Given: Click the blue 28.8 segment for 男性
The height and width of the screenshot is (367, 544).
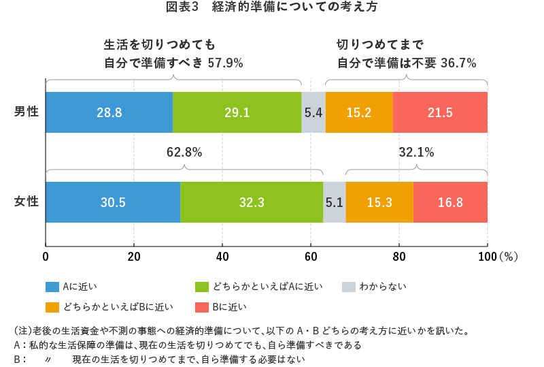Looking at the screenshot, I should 109,112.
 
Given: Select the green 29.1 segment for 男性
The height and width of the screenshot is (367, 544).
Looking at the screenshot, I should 237,112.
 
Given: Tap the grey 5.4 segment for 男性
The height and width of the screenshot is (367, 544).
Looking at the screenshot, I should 313,112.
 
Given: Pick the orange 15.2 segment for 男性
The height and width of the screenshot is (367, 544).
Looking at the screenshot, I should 359,112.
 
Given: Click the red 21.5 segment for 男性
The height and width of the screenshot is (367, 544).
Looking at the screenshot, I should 440,112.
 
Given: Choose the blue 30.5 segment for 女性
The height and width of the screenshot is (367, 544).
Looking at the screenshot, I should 113,202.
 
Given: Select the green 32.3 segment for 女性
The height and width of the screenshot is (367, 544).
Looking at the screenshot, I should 252,202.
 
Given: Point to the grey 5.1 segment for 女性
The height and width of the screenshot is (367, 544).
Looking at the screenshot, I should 334,202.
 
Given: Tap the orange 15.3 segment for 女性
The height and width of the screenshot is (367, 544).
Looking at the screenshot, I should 379,202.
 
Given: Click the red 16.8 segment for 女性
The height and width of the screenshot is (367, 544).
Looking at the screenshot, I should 450,202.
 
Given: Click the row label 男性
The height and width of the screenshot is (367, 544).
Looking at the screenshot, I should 27,112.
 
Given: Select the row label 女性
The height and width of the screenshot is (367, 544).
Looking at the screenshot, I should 27,202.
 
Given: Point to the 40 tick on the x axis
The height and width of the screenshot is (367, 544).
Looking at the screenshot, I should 222,257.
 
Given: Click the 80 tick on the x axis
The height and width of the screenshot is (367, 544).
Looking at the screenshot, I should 399,257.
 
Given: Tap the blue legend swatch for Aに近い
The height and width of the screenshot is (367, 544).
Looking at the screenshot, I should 52,287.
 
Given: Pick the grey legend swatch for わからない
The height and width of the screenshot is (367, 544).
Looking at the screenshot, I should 347,287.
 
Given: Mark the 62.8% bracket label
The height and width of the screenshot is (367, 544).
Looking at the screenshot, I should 184,153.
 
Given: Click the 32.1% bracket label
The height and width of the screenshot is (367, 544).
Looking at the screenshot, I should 416,153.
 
